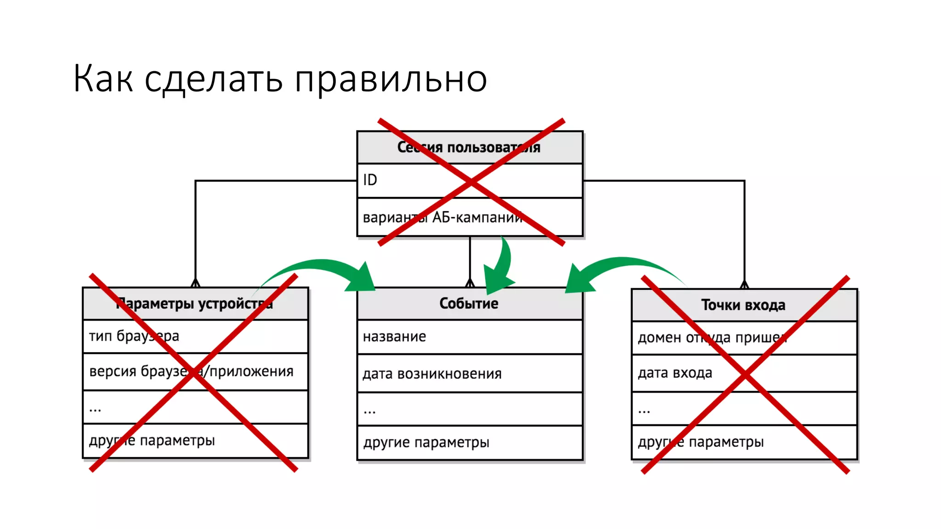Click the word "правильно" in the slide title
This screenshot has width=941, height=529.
[391, 79]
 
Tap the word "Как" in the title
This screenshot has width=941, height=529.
[103, 79]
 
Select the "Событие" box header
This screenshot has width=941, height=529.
[469, 304]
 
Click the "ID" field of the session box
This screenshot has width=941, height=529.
[370, 180]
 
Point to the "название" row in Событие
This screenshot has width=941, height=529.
[394, 337]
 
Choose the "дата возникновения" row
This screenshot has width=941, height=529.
[432, 374]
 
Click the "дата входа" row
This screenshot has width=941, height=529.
[675, 373]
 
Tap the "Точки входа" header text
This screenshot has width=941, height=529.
[743, 305]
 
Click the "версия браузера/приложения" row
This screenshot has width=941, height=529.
[191, 371]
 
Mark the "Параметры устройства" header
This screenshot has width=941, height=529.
[195, 304]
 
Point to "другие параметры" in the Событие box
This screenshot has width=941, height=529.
[426, 443]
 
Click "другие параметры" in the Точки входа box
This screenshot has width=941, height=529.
[701, 442]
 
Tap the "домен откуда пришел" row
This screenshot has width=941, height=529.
[712, 338]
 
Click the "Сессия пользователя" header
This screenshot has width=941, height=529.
[469, 147]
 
